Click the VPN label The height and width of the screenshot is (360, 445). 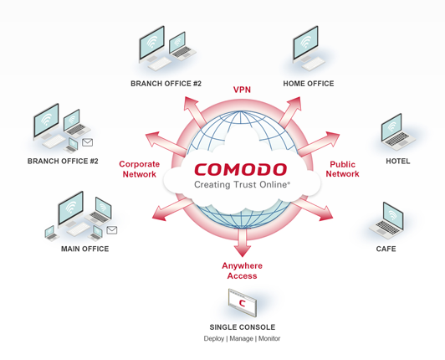242,90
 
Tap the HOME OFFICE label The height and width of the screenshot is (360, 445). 309,84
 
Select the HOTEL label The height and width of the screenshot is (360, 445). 398,161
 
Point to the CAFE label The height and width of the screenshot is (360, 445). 386,249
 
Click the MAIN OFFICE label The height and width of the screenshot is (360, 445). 84,249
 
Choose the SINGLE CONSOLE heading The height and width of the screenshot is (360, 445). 243,327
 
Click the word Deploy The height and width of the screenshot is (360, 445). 214,339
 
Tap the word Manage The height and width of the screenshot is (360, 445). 241,339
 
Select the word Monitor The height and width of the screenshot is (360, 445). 269,338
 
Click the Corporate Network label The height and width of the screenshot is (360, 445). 140,169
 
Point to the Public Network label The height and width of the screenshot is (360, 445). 343,169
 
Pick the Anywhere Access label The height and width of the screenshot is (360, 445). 242,270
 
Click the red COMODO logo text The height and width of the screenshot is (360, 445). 241,169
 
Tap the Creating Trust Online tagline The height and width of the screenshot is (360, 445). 242,185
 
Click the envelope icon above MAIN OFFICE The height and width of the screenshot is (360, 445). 112,230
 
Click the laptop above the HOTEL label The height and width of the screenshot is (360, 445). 397,132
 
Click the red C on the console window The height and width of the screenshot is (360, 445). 242,303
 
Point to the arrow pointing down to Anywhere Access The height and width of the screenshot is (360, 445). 242,242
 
